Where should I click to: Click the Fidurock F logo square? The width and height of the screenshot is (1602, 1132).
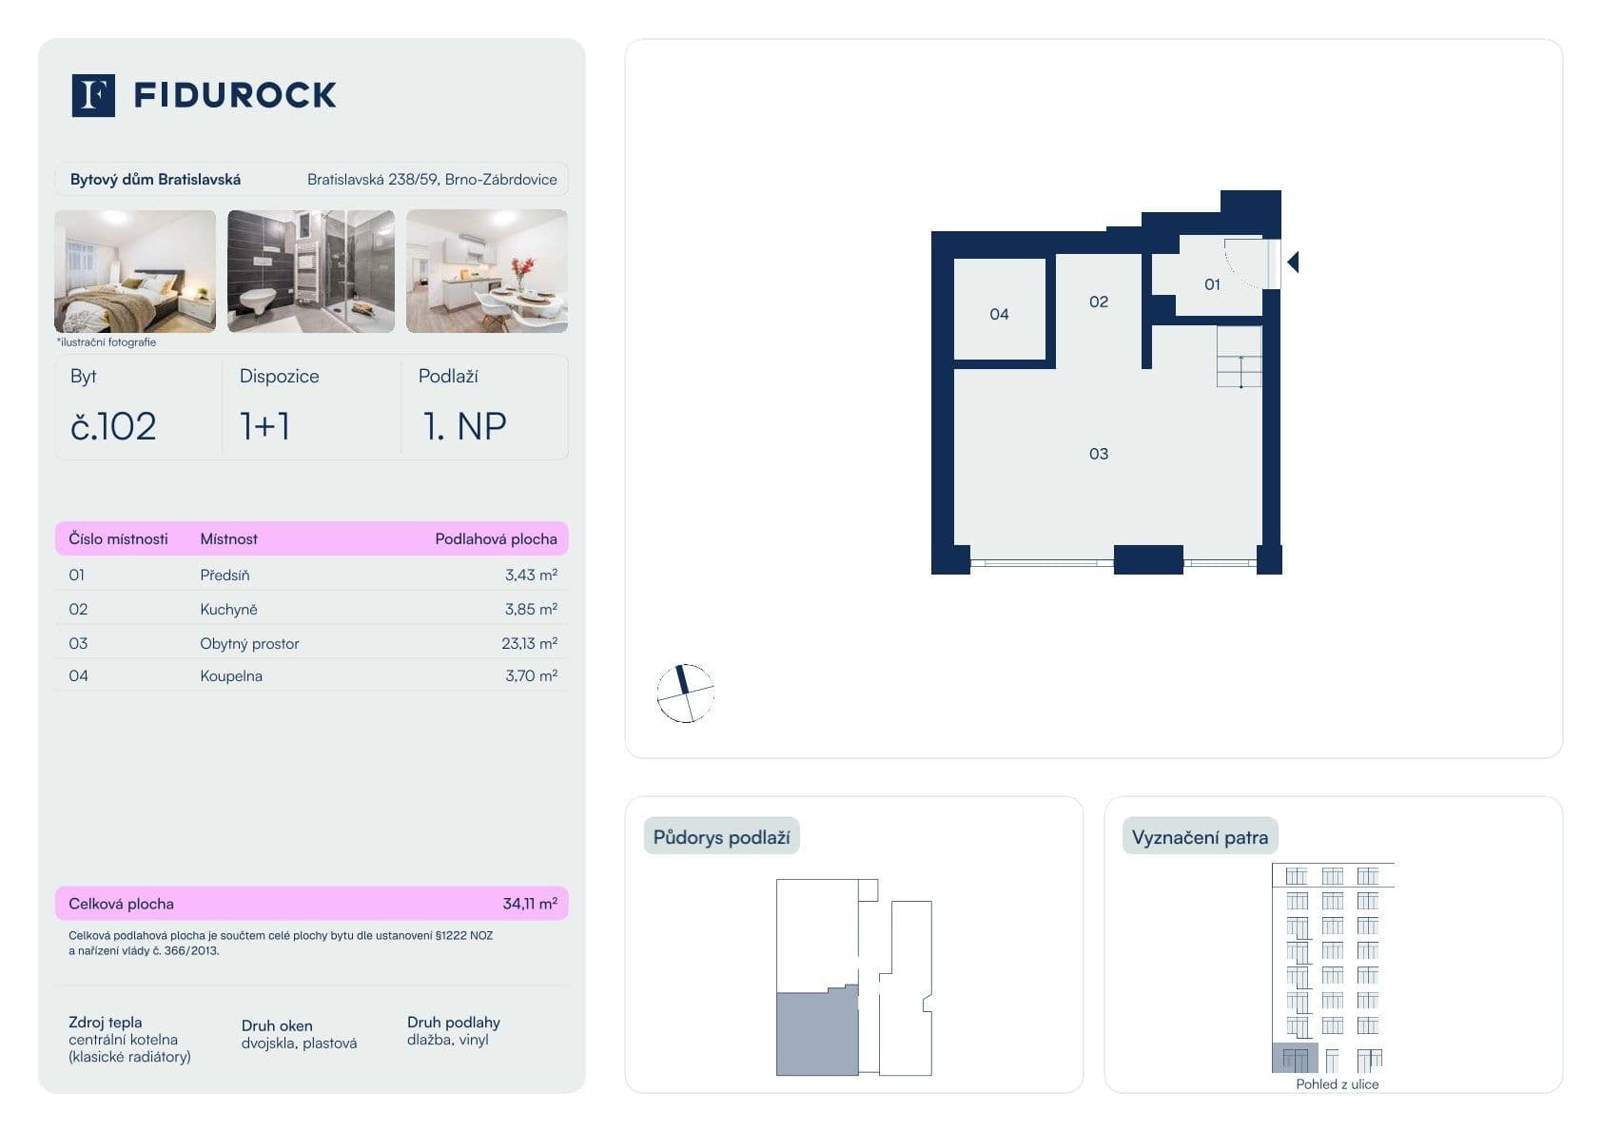[93, 95]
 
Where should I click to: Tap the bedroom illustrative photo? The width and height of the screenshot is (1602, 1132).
[135, 271]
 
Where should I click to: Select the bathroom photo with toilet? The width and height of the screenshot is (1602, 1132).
[310, 271]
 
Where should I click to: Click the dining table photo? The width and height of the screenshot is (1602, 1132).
[487, 271]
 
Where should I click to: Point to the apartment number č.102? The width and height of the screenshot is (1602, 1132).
[113, 426]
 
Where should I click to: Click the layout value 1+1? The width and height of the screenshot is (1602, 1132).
[264, 426]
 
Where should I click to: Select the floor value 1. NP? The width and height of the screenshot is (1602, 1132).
[464, 426]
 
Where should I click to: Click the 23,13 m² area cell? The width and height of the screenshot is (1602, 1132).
[529, 643]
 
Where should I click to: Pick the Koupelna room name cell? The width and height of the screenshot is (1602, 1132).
[231, 676]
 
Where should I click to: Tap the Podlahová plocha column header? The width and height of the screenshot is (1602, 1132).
[496, 538]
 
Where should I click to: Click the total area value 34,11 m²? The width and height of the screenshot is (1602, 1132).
[529, 904]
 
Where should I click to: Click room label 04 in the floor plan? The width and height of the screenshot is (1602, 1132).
[999, 314]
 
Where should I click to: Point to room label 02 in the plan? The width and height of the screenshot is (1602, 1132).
[1099, 302]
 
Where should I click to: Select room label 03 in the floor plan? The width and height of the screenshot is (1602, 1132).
[1099, 454]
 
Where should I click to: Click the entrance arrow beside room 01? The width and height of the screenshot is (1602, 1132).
[1293, 262]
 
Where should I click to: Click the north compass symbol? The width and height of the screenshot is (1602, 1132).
[685, 693]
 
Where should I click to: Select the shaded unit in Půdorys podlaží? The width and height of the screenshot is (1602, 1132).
[817, 1035]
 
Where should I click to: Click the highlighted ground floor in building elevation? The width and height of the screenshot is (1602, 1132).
[1295, 1057]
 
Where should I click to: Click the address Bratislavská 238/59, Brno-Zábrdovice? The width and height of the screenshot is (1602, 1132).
[432, 179]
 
